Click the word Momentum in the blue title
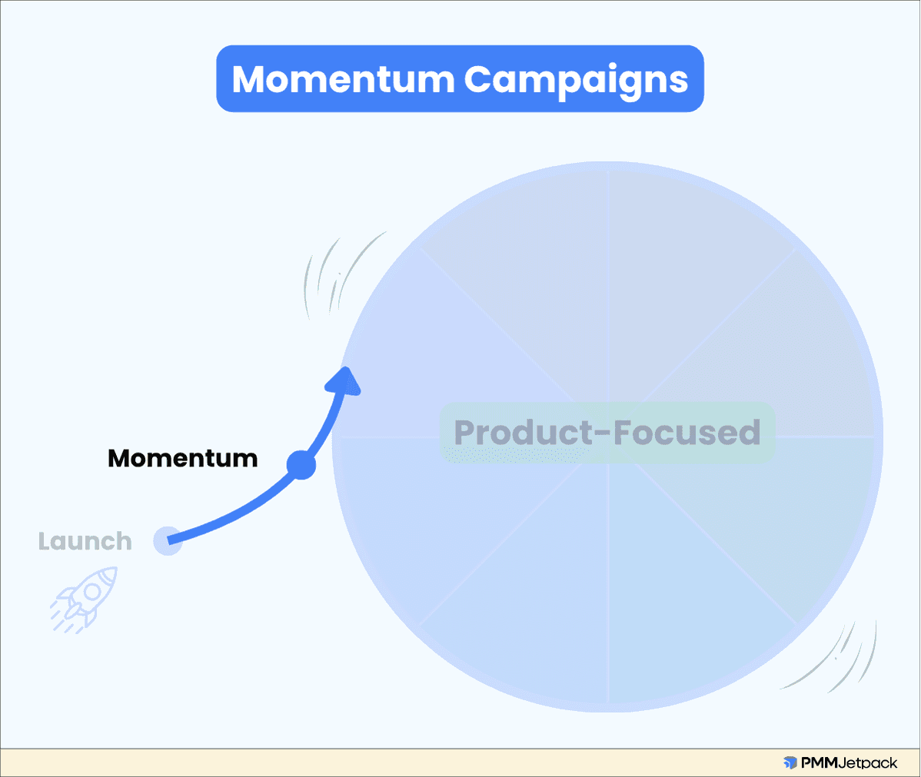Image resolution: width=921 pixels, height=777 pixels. coord(344,79)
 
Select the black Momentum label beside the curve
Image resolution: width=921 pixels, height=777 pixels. coord(183,459)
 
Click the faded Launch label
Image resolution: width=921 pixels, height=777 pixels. coord(85,542)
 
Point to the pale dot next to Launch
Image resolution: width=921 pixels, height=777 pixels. coord(168,541)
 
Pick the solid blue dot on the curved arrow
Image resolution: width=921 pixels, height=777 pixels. coord(301,465)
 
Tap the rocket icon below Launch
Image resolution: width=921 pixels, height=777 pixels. coord(85,599)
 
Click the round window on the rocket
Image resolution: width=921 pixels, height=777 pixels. coord(91,591)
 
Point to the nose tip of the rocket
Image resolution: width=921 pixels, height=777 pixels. coord(115,570)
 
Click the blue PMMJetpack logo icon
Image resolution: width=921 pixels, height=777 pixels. coord(790,763)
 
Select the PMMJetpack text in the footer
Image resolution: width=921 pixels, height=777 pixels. coord(849,763)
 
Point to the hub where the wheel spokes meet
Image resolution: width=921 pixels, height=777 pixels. coord(608,437)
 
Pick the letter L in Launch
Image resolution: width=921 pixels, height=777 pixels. coord(45,542)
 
